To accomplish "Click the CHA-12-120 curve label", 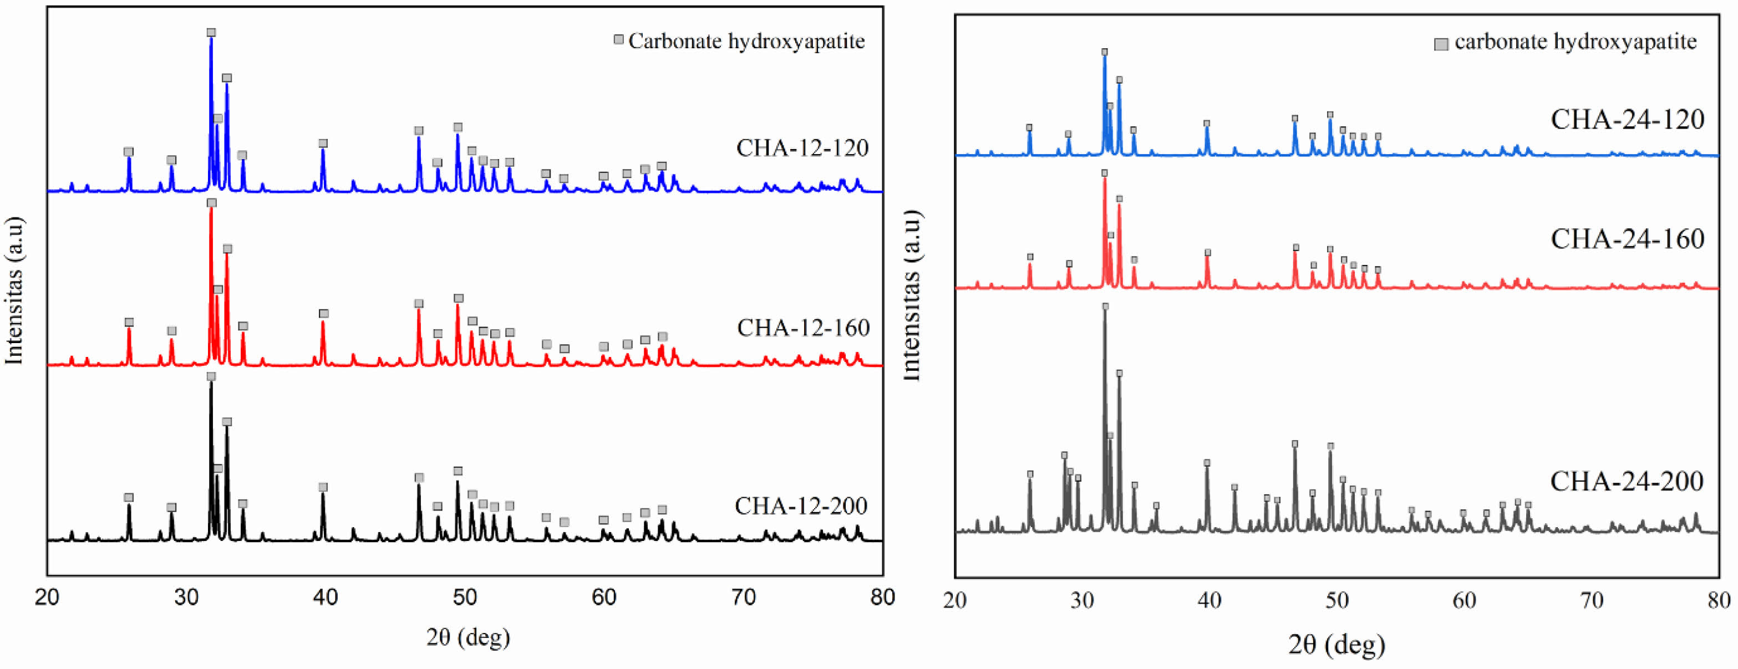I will [x=802, y=147].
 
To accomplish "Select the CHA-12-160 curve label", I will [x=803, y=328].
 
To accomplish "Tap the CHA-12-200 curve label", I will [x=801, y=506].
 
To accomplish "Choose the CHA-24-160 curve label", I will [x=1627, y=239].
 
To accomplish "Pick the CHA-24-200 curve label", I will [x=1627, y=482].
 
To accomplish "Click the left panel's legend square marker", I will [x=618, y=40].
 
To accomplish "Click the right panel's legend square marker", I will [x=1440, y=44].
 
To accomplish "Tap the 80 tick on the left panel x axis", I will [x=882, y=597].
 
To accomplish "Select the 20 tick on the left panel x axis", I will [x=47, y=597].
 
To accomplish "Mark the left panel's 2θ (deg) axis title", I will [x=467, y=637].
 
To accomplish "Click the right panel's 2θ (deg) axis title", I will [x=1337, y=645].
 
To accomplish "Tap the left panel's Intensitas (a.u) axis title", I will [x=15, y=290].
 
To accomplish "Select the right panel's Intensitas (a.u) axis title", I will [x=911, y=295].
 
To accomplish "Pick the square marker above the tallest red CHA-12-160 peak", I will [x=212, y=203].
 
